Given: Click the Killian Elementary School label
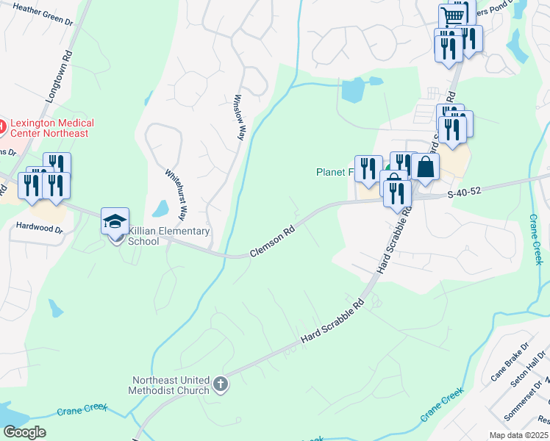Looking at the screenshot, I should click(169, 236).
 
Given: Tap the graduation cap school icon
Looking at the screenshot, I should click(115, 221).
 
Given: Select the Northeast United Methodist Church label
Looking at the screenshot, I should click(171, 385).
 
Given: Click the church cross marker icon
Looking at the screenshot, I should click(220, 384).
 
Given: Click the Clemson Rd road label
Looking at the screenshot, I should click(272, 240).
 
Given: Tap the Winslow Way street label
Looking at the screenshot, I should click(238, 117).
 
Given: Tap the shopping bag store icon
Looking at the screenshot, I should click(426, 167).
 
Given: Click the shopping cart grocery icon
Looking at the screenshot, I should click(453, 16).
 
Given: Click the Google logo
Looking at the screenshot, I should click(24, 432).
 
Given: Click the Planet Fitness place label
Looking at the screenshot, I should click(335, 172).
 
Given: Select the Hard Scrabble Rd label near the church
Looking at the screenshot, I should click(333, 323).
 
